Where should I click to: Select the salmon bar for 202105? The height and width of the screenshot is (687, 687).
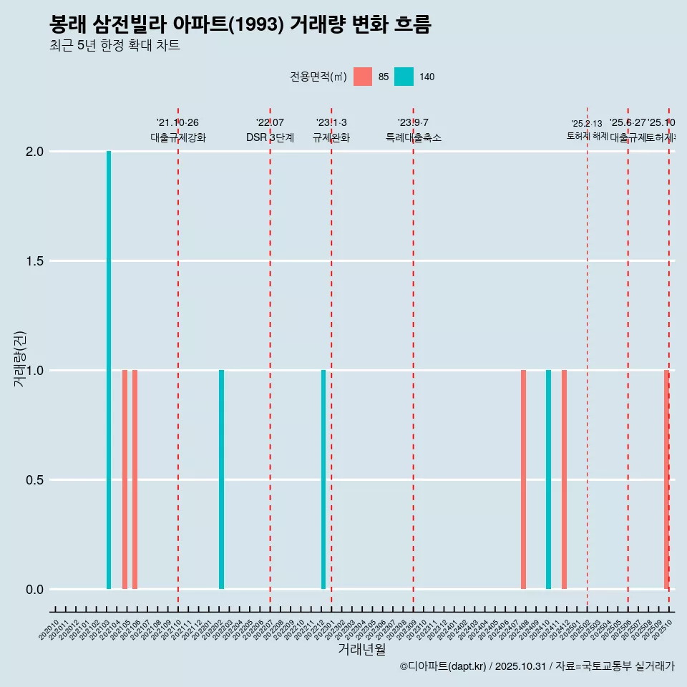(125, 479)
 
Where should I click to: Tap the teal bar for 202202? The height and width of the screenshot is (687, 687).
(221, 479)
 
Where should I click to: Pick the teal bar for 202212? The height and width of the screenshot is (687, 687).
(323, 479)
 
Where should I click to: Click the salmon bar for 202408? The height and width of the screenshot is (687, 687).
(523, 479)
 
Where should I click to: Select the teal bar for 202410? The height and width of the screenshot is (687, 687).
(548, 479)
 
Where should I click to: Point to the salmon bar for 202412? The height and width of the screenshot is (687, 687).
(564, 479)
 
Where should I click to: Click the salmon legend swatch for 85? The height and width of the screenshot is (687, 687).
(363, 77)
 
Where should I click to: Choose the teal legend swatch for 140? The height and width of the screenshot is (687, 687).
(404, 77)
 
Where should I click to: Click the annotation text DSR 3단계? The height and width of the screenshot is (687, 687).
(270, 137)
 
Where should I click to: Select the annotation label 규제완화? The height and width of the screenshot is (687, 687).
(331, 137)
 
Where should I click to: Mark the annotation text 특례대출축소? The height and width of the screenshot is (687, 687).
(413, 137)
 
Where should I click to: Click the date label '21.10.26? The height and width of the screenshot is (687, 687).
(177, 122)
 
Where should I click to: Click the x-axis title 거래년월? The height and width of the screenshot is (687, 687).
(361, 649)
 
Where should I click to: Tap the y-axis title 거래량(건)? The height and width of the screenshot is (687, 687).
(20, 359)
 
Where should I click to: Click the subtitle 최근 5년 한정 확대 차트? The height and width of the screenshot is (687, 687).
(114, 46)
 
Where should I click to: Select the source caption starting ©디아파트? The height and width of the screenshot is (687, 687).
(537, 666)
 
